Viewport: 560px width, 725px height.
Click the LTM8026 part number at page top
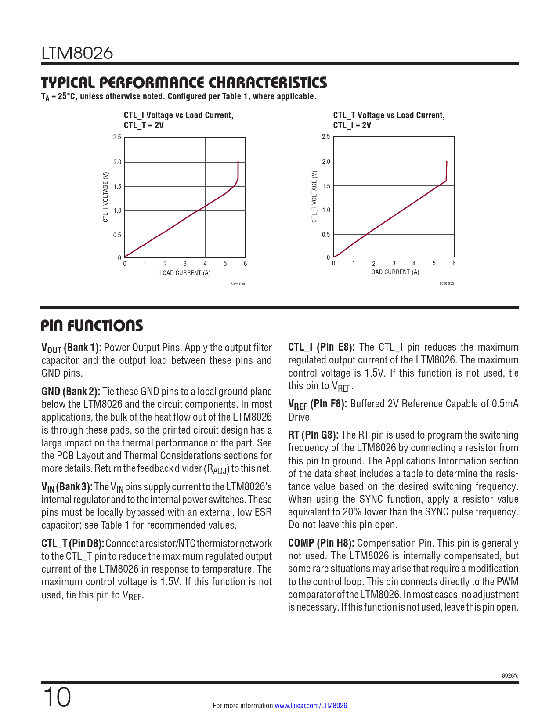77,53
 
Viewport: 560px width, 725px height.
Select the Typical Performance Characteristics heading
184,83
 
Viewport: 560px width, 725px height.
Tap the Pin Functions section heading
92,326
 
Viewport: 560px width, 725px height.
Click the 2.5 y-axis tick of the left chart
117,137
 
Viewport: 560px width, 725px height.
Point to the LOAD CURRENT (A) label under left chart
184,273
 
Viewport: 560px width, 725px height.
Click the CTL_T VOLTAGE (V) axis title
314,197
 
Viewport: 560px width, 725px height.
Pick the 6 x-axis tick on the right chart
454,263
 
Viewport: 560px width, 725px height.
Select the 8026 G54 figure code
238,284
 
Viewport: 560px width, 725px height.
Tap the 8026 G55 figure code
447,283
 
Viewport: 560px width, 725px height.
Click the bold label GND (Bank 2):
71,391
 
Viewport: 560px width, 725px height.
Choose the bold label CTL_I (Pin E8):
322,347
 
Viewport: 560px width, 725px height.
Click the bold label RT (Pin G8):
313,435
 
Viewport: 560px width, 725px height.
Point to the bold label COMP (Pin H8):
321,543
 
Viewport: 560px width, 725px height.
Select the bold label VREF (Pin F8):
318,404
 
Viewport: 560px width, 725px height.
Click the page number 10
57,697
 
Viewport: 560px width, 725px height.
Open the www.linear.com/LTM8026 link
311,706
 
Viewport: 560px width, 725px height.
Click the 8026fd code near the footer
510,675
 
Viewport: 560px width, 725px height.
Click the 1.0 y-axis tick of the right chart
326,210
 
